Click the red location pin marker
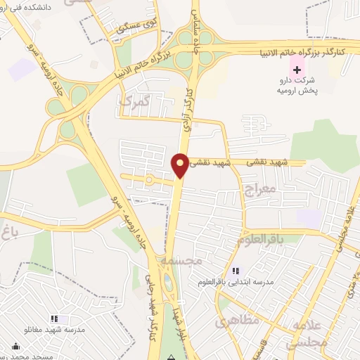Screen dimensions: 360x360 pyautogui.click(x=180, y=165)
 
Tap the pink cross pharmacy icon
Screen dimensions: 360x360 pyautogui.click(x=297, y=70)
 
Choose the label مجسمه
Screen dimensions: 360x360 pyautogui.click(x=181, y=259)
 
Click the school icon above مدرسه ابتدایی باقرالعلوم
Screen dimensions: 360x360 pyautogui.click(x=236, y=271)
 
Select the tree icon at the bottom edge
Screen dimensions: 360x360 pyautogui.click(x=171, y=356)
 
